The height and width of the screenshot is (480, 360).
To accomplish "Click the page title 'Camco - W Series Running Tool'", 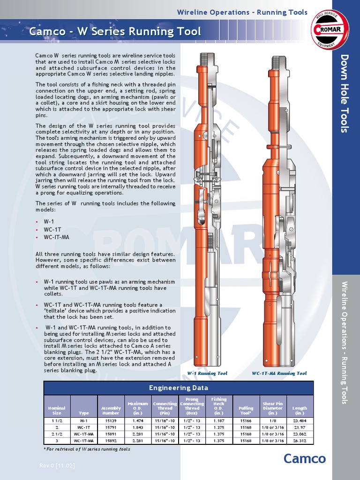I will (115, 32).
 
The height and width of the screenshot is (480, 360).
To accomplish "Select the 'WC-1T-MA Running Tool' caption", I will (279, 374).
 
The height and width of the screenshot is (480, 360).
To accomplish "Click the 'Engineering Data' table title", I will (179, 388).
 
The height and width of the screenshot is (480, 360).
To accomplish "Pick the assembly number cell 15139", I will (111, 421).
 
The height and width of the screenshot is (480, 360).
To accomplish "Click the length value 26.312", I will (300, 441).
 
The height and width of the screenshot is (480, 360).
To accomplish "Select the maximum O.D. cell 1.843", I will (138, 427).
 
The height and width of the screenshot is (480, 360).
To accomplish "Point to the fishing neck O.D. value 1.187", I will (218, 421).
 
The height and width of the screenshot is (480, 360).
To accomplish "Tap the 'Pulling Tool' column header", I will (246, 411).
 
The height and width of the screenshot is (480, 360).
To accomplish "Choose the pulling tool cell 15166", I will (246, 421).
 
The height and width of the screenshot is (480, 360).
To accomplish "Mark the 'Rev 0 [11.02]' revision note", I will (57, 465).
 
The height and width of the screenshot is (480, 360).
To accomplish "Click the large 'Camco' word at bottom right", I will (304, 458).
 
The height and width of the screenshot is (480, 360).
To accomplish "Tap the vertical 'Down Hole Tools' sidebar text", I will (345, 94).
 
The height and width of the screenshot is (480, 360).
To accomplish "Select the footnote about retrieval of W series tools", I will (87, 449).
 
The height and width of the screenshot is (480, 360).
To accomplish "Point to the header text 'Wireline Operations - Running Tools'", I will (242, 12).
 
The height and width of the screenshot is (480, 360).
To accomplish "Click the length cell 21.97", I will (300, 427).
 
